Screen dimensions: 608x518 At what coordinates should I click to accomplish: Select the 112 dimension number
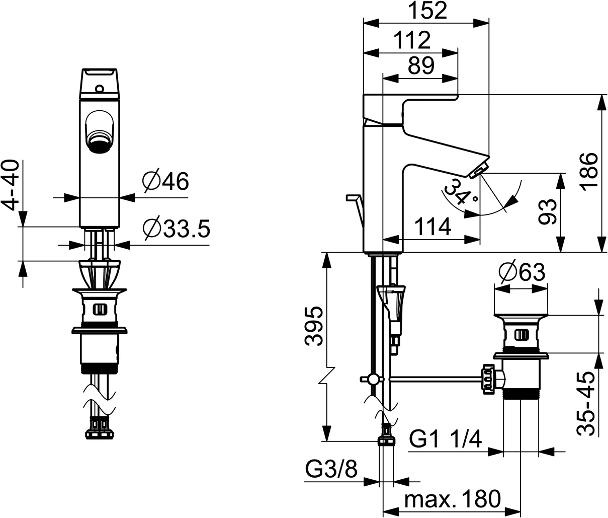point(412,40)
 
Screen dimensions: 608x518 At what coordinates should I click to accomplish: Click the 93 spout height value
point(548,212)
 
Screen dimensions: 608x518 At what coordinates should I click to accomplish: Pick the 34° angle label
point(461,192)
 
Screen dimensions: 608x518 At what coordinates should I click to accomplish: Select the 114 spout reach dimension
point(432,227)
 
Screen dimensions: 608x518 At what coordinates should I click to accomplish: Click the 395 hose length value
point(314,326)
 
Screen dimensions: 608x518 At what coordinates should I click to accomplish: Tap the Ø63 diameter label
point(522,272)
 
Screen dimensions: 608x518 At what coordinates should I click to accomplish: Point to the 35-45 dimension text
point(586,404)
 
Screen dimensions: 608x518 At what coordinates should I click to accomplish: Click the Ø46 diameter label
point(165,181)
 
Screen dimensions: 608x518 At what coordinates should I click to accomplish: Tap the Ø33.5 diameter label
point(177,229)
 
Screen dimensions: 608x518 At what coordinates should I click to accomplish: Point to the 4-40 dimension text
point(10,185)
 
